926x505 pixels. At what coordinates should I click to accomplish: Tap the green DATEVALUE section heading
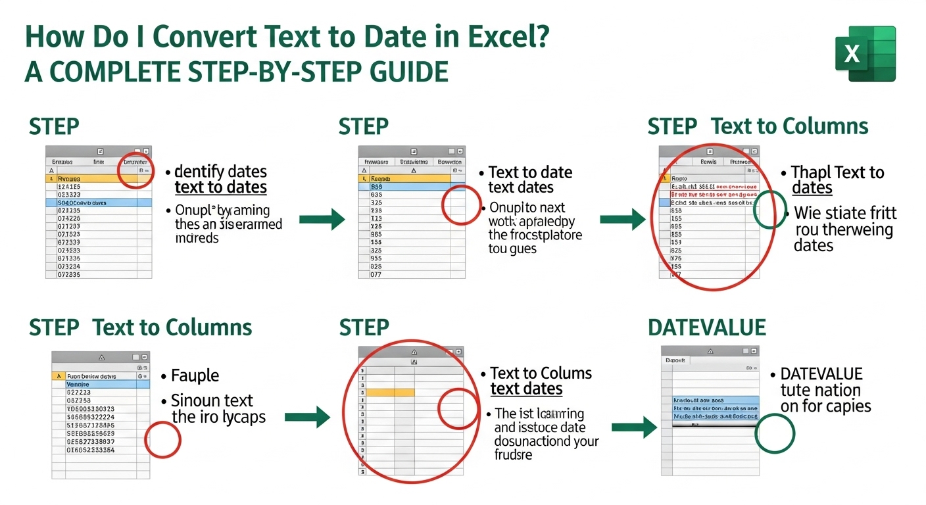(x=707, y=327)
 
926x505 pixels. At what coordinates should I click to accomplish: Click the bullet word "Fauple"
(x=195, y=375)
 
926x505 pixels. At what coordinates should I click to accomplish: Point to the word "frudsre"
(x=514, y=454)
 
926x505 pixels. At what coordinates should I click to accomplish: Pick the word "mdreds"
(x=197, y=237)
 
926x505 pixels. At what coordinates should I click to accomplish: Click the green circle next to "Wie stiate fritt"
(x=769, y=210)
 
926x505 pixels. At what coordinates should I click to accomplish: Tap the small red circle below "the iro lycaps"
(x=162, y=440)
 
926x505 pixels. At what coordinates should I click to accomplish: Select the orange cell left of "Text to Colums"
(x=390, y=392)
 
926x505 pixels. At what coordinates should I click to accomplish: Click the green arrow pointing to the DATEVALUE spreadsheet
(x=633, y=428)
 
